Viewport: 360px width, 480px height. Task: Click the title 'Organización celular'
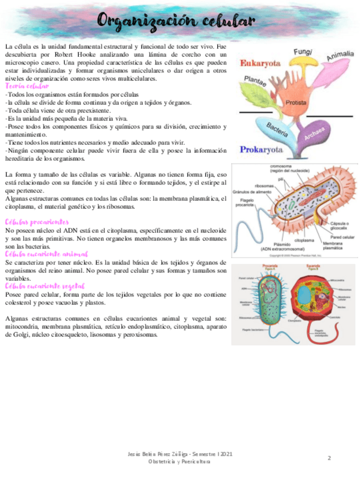175,21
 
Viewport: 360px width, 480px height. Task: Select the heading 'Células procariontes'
37,222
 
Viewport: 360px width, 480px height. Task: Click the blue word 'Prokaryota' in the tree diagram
262,150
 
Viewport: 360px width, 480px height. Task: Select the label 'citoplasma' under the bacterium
304,240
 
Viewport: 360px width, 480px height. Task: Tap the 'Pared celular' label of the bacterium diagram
342,237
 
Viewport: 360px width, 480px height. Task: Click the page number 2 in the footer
329,457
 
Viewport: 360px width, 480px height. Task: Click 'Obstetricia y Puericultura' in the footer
179,462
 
